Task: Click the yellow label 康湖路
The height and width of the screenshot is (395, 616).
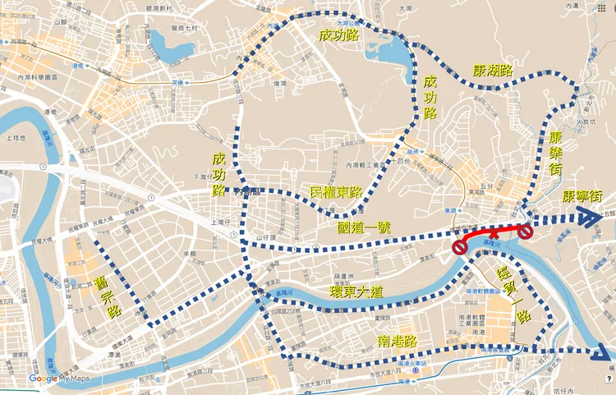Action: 491,71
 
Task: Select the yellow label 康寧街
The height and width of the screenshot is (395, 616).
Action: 584,198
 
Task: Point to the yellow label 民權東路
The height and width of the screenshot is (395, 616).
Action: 337,191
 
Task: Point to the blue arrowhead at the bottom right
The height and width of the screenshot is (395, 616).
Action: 605,351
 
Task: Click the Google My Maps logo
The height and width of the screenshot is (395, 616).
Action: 58,379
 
